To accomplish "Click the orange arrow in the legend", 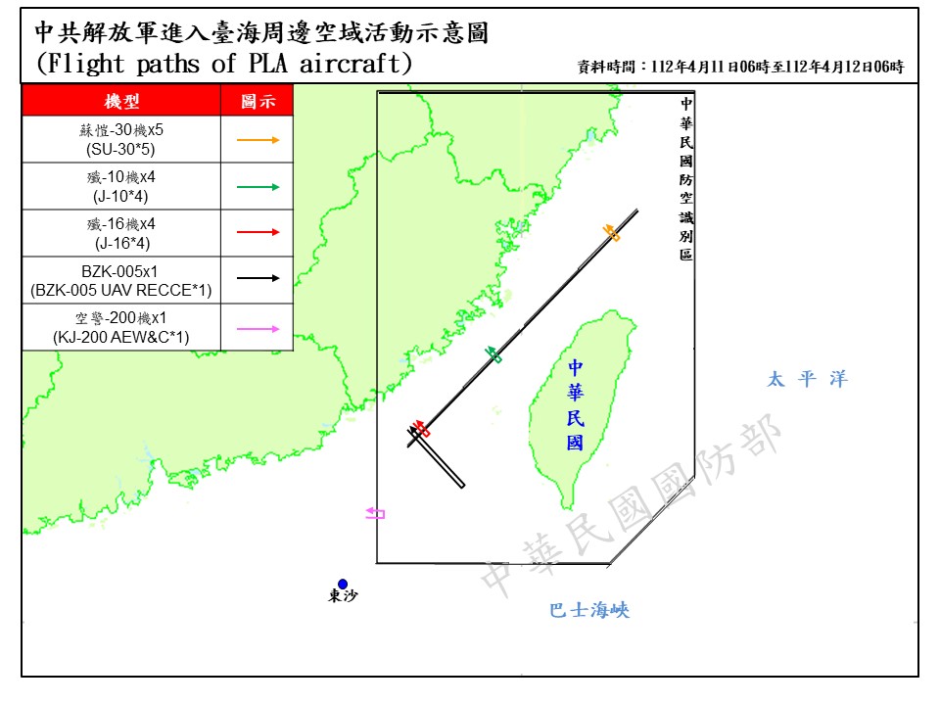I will coord(258,140).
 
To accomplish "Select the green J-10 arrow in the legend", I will coord(258,186).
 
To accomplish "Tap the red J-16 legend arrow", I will coord(258,232).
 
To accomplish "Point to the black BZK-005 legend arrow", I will coord(258,278).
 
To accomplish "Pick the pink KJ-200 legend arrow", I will coord(258,328).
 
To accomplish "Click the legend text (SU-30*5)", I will coord(121,150).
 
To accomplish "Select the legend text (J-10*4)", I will coord(121,196).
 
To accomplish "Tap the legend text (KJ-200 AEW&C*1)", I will coord(121,338).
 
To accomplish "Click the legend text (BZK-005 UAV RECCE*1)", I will coord(121,291).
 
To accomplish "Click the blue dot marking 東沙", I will coord(343,584).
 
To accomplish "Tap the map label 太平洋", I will coord(807,379).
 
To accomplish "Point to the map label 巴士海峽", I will coord(588,611).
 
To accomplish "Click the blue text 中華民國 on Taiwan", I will coord(575,404).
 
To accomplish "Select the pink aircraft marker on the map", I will coord(375,512).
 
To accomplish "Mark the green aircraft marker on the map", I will coord(493,354).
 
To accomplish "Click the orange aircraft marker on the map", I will coord(611,232).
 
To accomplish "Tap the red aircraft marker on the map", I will coord(421,429).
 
